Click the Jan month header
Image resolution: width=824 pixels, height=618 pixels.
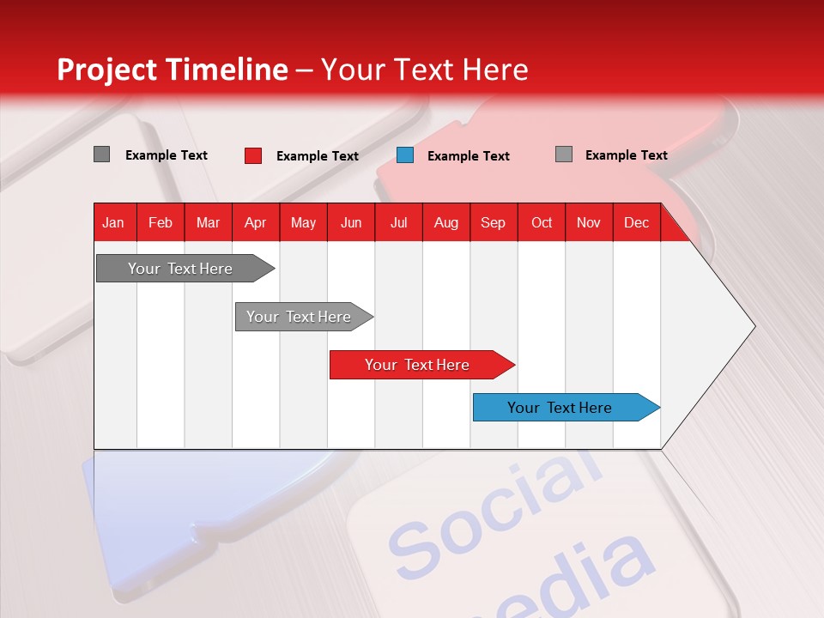[113, 222]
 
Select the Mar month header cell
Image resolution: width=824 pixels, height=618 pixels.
[208, 222]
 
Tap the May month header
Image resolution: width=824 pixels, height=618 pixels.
[303, 222]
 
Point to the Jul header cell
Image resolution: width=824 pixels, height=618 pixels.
[398, 222]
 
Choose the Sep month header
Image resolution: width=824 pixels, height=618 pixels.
[493, 222]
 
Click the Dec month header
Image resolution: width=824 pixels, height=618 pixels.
[636, 222]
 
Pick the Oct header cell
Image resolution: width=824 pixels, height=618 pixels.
[542, 222]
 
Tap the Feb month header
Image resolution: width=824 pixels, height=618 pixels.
[161, 222]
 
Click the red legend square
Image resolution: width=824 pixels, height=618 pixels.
[253, 155]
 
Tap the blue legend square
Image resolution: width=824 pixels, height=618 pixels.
[405, 155]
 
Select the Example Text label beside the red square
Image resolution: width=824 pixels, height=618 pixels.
[318, 156]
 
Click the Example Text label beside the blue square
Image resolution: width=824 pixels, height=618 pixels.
[469, 156]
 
